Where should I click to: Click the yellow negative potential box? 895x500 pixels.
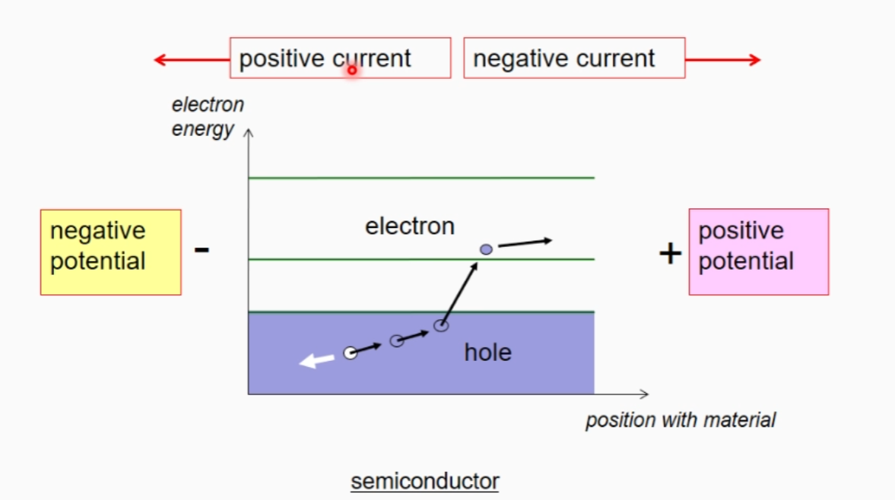(110, 252)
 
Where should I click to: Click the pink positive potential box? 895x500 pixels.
(758, 252)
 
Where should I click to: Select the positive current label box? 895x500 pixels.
(340, 59)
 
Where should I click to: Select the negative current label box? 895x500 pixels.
(574, 59)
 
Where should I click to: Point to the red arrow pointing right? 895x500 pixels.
(722, 60)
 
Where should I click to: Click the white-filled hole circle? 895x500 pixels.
(350, 353)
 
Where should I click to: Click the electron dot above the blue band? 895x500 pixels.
(486, 249)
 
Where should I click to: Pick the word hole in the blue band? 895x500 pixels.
(487, 353)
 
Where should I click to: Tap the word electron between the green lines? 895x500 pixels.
(410, 226)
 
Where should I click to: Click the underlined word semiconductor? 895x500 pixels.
(425, 481)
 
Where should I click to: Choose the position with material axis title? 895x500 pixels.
(681, 419)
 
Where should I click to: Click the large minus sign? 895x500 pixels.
(202, 248)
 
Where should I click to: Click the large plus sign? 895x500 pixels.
(670, 253)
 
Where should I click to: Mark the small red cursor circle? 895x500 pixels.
(352, 70)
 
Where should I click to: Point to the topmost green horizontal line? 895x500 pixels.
(421, 178)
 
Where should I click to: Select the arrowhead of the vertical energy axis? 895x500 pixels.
(248, 134)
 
